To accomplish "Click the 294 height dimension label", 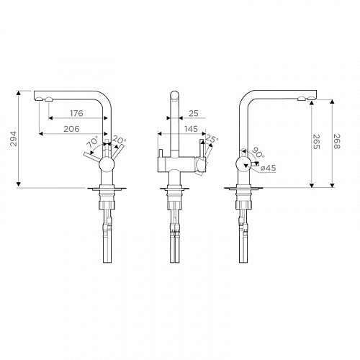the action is (14, 138).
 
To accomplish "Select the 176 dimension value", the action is (76, 113).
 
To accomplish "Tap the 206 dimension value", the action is (71, 129).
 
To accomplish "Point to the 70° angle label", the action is (93, 142).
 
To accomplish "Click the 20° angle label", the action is (119, 140).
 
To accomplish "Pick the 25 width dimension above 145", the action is (194, 113).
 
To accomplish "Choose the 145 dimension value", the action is (191, 129).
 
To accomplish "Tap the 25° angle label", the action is (212, 139).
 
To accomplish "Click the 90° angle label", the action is (257, 153).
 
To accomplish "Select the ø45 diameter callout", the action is (268, 168).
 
